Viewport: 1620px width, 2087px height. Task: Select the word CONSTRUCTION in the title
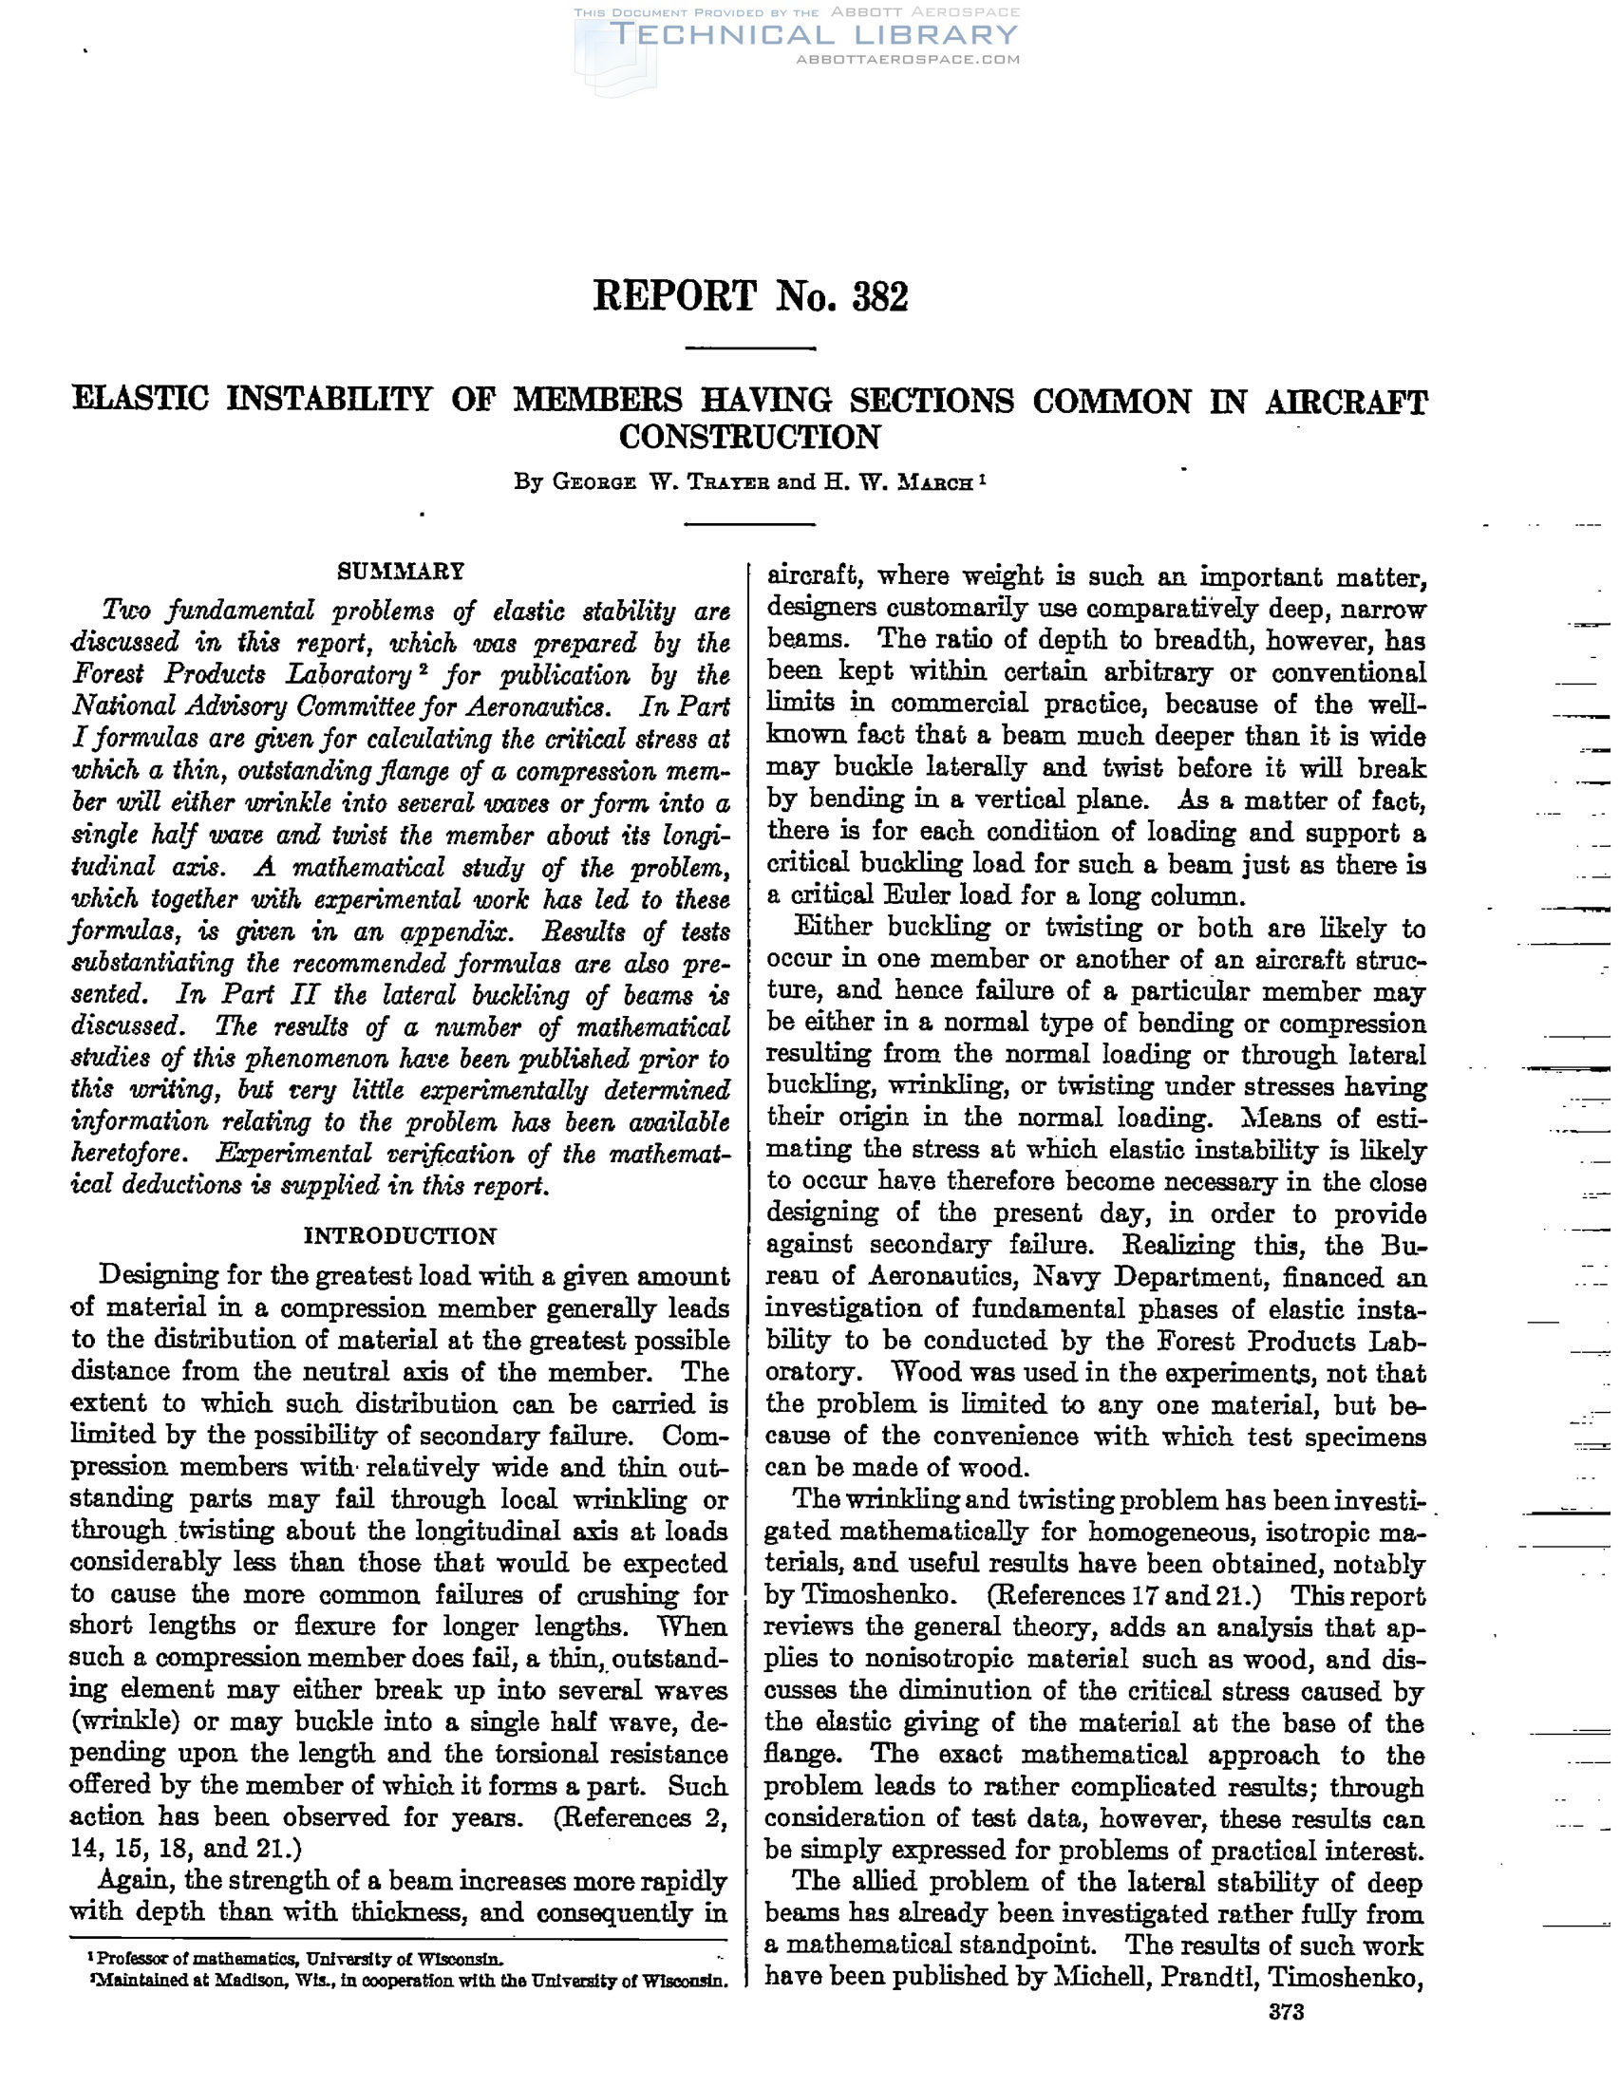tap(749, 437)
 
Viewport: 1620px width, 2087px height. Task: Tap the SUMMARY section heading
tap(402, 572)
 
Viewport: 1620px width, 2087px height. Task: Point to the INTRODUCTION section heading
tap(401, 1236)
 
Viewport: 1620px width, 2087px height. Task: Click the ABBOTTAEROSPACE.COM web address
tap(908, 59)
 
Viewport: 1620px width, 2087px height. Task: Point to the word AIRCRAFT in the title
tap(1347, 402)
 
